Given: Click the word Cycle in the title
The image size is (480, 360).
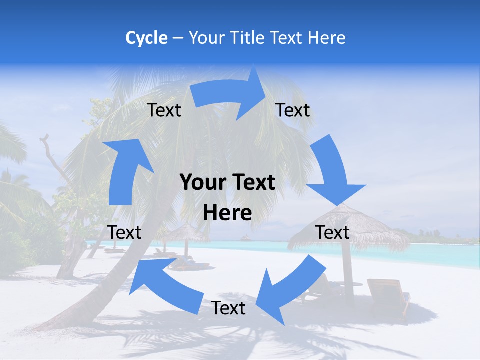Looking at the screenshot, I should point(146,37).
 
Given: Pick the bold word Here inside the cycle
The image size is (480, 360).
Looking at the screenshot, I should point(227,213).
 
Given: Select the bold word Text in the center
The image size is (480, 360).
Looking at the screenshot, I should point(253,183).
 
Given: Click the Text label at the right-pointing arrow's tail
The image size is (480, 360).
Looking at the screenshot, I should point(164,110).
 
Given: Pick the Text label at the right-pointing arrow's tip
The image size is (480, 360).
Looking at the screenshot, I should point(293,110).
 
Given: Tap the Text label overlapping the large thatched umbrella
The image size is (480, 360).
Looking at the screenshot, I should point(332,232).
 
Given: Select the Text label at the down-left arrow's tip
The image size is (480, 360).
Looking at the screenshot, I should point(228,308).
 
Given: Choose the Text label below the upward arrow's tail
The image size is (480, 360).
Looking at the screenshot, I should point(125,232).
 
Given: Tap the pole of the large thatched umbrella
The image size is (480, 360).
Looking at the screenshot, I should point(348,280).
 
